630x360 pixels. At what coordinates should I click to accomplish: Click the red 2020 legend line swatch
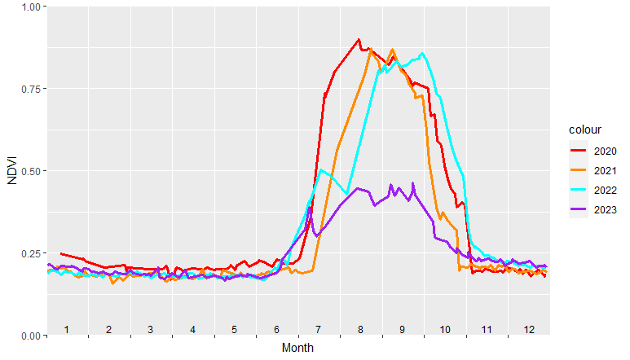pos(578,151)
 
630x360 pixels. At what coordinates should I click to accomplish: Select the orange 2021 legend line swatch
pos(578,170)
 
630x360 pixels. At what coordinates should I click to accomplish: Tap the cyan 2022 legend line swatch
pos(578,190)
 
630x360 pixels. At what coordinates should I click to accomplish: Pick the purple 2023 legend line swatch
pos(578,209)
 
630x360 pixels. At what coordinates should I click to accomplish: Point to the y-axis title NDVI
pos(11,171)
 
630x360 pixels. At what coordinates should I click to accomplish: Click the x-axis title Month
pos(297,348)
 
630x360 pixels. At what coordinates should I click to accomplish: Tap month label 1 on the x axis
pos(67,329)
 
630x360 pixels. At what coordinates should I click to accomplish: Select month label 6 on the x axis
pos(276,329)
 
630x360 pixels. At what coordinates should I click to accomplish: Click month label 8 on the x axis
pos(360,329)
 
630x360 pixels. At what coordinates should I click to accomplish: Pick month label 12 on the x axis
pos(529,329)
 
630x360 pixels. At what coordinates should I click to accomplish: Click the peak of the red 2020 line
pos(359,39)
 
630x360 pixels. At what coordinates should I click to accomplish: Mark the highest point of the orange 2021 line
pos(392,49)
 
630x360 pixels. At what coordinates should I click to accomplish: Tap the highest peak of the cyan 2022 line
pos(422,54)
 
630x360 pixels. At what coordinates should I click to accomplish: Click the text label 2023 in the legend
pos(605,209)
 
